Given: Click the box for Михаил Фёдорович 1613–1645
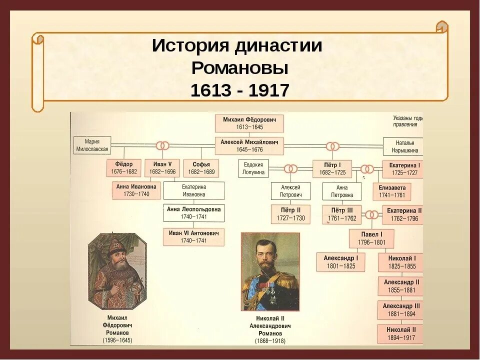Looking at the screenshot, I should tap(249, 123).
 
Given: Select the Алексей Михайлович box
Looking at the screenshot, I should tap(249, 145).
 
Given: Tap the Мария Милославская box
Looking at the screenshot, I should tap(92, 145).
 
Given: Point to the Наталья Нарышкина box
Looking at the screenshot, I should tap(403, 146).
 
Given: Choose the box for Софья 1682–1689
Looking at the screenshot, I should tap(201, 168).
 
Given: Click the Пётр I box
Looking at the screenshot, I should tap(332, 168).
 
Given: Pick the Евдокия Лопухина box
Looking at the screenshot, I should tap(253, 168).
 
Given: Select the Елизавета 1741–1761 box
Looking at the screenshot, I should tap(392, 191).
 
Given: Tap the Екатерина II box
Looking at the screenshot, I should tap(402, 214).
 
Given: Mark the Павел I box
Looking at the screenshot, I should tap(371, 238).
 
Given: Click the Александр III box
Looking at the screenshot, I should tap(401, 310).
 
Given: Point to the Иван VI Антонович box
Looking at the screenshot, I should tap(193, 237).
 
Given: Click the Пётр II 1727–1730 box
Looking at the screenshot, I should tap(290, 214).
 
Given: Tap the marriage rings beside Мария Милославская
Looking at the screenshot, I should tap(162, 145).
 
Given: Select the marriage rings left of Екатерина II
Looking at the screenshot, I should tap(371, 215).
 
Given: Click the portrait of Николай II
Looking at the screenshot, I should tap(270, 271).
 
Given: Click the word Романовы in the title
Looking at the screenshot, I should tap(239, 68).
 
